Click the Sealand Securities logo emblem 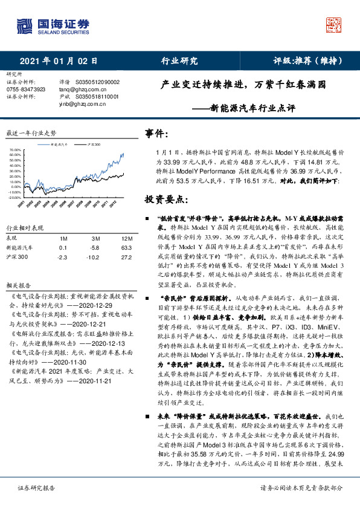(x=24, y=27)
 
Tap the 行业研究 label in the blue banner (x=179, y=61)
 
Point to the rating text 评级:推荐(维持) (x=307, y=61)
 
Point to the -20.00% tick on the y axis (x=13, y=197)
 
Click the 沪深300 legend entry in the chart (x=94, y=145)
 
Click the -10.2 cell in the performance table (x=94, y=256)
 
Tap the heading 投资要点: (x=167, y=199)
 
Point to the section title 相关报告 (x=19, y=284)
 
